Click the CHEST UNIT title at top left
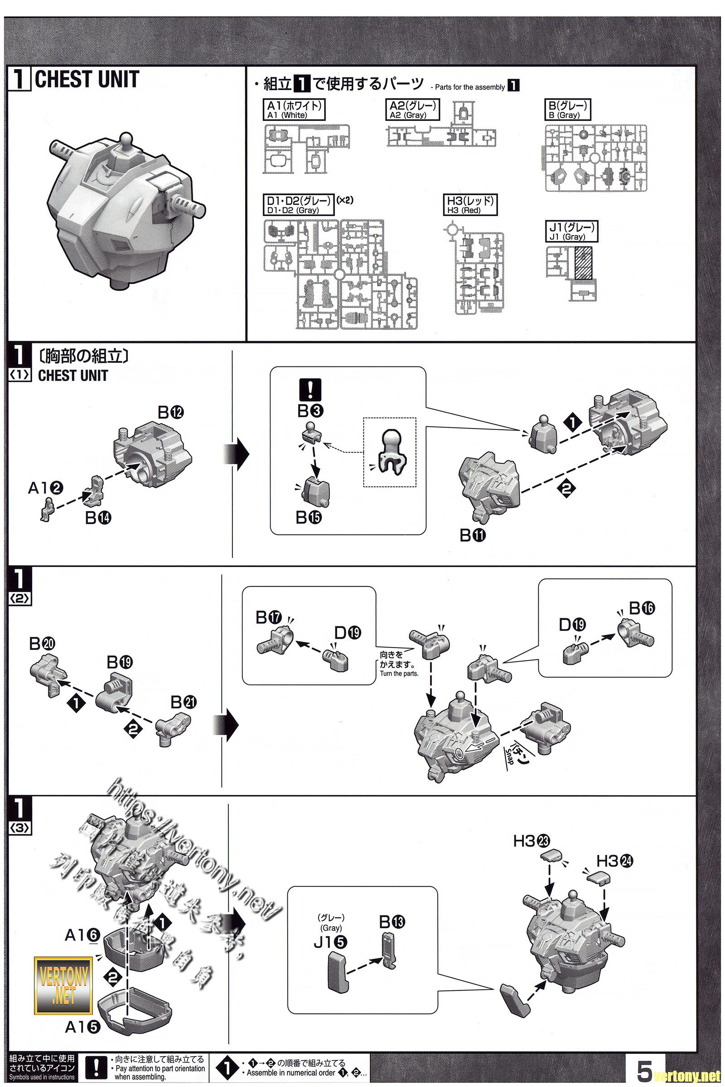coord(87,80)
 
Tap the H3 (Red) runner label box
coord(470,205)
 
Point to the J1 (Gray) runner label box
coord(572,231)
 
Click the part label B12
coord(171,413)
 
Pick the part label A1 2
coord(45,488)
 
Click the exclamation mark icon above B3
coord(310,390)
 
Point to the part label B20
coord(42,643)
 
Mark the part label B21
coord(184,702)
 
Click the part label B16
coord(642,608)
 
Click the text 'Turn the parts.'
coord(399,673)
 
